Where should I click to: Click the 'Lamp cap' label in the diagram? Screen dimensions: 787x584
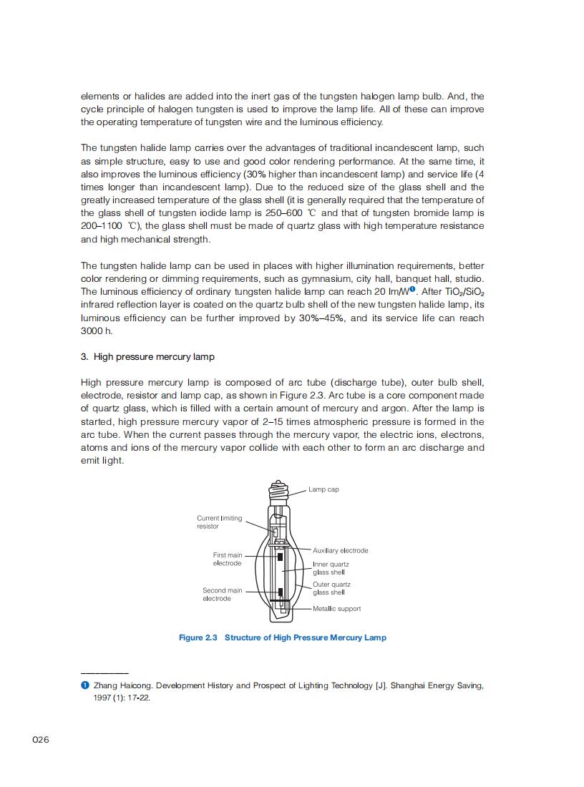pos(323,489)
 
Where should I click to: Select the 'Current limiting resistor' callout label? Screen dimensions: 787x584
pos(219,522)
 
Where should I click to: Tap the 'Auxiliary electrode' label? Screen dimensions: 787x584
pos(341,550)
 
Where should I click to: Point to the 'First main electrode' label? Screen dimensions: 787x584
pos(228,559)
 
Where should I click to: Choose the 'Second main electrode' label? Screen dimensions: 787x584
pos(222,595)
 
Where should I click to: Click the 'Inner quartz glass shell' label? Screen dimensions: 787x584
pos(331,568)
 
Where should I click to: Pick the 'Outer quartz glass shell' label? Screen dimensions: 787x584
pos(331,588)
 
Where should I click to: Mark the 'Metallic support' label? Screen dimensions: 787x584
pos(337,609)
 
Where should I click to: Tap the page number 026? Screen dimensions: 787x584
pos(41,740)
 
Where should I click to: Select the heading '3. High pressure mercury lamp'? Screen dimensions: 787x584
pos(147,356)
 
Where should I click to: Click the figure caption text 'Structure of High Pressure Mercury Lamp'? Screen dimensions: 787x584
pos(306,637)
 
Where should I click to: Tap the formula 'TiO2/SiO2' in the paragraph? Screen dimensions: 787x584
pos(460,292)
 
